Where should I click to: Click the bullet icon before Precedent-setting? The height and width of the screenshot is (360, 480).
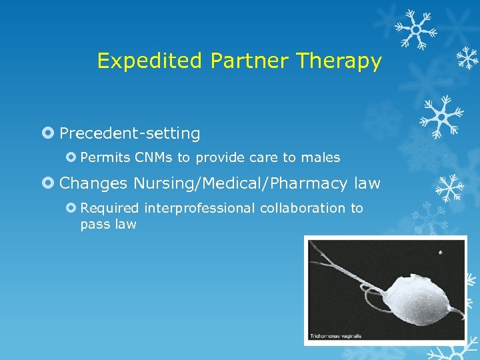[x=48, y=134]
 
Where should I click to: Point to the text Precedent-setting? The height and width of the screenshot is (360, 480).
[x=129, y=134]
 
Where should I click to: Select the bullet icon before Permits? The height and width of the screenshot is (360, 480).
[x=71, y=158]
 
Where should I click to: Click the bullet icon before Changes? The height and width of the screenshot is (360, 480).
[x=48, y=183]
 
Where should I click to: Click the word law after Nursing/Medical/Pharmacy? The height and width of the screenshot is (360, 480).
[x=367, y=183]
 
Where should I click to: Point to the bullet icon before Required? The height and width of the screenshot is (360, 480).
[x=71, y=208]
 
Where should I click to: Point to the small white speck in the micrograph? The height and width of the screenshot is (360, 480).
[x=440, y=253]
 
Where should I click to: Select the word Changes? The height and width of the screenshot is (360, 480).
[x=93, y=183]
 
